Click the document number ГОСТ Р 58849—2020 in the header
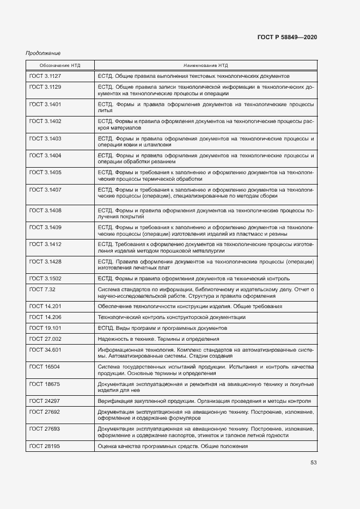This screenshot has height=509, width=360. pyautogui.click(x=287, y=37)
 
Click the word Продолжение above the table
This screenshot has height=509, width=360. pyautogui.click(x=43, y=53)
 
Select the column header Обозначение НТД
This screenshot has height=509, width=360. pyautogui.click(x=60, y=65)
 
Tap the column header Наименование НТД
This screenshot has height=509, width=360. pyautogui.click(x=205, y=65)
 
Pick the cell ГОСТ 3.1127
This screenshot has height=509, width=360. pyautogui.click(x=45, y=76)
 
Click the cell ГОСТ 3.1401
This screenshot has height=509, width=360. pyautogui.click(x=45, y=103)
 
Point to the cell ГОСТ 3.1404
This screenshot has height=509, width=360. pyautogui.click(x=45, y=156)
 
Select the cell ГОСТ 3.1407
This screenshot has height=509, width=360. pyautogui.click(x=45, y=190)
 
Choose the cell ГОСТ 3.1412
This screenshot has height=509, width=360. pyautogui.click(x=45, y=244)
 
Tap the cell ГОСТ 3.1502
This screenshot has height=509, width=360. pyautogui.click(x=45, y=279)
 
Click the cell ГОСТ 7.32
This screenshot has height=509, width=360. pyautogui.click(x=41, y=289)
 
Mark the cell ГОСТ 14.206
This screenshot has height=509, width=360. pyautogui.click(x=45, y=317)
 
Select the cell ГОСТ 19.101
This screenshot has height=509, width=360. pyautogui.click(x=45, y=328)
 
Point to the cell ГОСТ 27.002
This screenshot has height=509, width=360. pyautogui.click(x=45, y=339)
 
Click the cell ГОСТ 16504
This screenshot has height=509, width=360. pyautogui.click(x=45, y=367)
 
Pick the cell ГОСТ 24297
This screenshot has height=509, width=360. pyautogui.click(x=45, y=401)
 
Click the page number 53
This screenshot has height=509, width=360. pyautogui.click(x=313, y=463)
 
